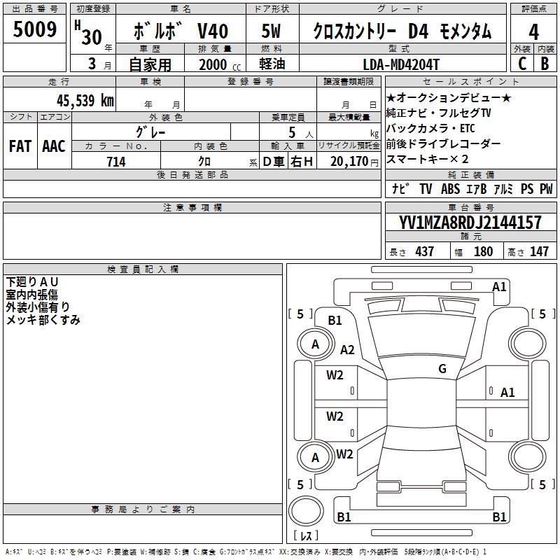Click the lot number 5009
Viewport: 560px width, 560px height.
click(34, 29)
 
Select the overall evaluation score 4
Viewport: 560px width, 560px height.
click(533, 32)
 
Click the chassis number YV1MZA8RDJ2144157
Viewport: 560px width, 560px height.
click(470, 223)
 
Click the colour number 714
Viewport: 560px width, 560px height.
click(116, 162)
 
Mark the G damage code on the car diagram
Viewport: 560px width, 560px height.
click(442, 369)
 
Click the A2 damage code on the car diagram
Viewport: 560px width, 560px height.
click(347, 350)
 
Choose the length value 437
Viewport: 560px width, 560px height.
click(424, 252)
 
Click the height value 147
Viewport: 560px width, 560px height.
click(539, 252)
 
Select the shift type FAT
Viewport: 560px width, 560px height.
click(20, 146)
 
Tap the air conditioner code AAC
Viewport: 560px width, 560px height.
click(54, 146)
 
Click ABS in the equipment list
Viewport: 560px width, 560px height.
click(450, 189)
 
